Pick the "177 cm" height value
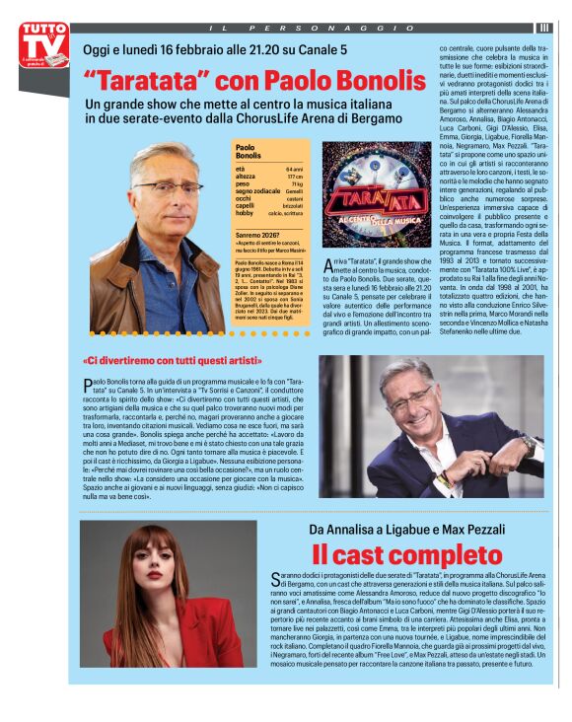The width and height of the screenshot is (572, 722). pos(294,177)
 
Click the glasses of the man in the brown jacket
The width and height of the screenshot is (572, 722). pos(167,185)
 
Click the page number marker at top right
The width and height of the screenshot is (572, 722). pos(543,28)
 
